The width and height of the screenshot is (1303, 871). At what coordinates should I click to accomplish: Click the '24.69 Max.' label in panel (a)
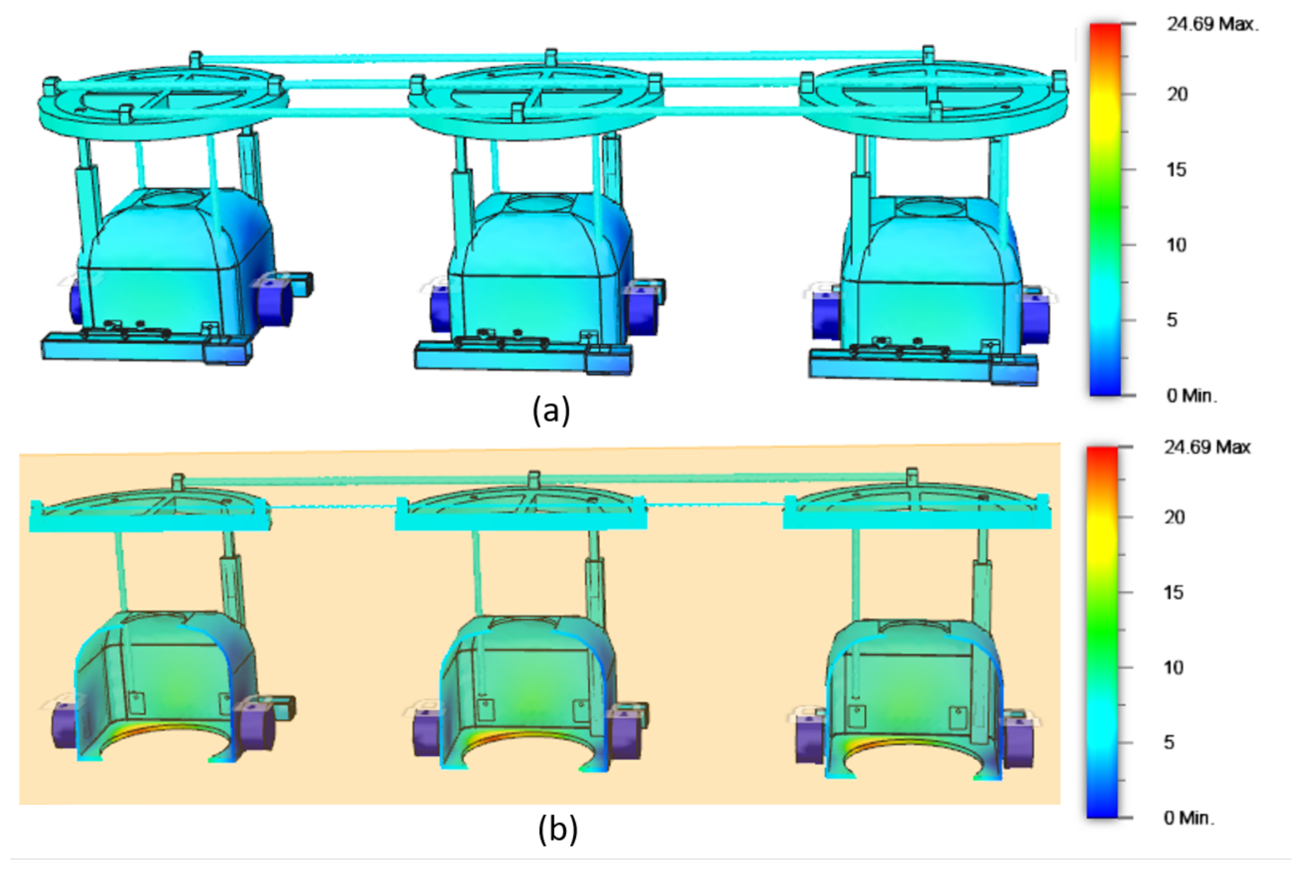tap(1212, 25)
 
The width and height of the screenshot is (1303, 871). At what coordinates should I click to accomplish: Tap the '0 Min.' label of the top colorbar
tap(1191, 395)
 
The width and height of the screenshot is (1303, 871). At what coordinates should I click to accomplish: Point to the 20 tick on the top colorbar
tap(1176, 94)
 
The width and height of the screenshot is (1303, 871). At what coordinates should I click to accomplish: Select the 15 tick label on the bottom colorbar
tap(1173, 592)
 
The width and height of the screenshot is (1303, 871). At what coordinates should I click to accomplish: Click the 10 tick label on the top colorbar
tap(1176, 245)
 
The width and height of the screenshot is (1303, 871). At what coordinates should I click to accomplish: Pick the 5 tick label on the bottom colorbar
tap(1169, 742)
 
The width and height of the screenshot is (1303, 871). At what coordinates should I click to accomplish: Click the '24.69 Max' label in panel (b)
tap(1206, 447)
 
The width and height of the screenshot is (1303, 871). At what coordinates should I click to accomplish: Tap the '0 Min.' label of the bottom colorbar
tap(1188, 817)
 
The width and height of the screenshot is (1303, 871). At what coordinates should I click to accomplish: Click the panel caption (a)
tap(551, 410)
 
